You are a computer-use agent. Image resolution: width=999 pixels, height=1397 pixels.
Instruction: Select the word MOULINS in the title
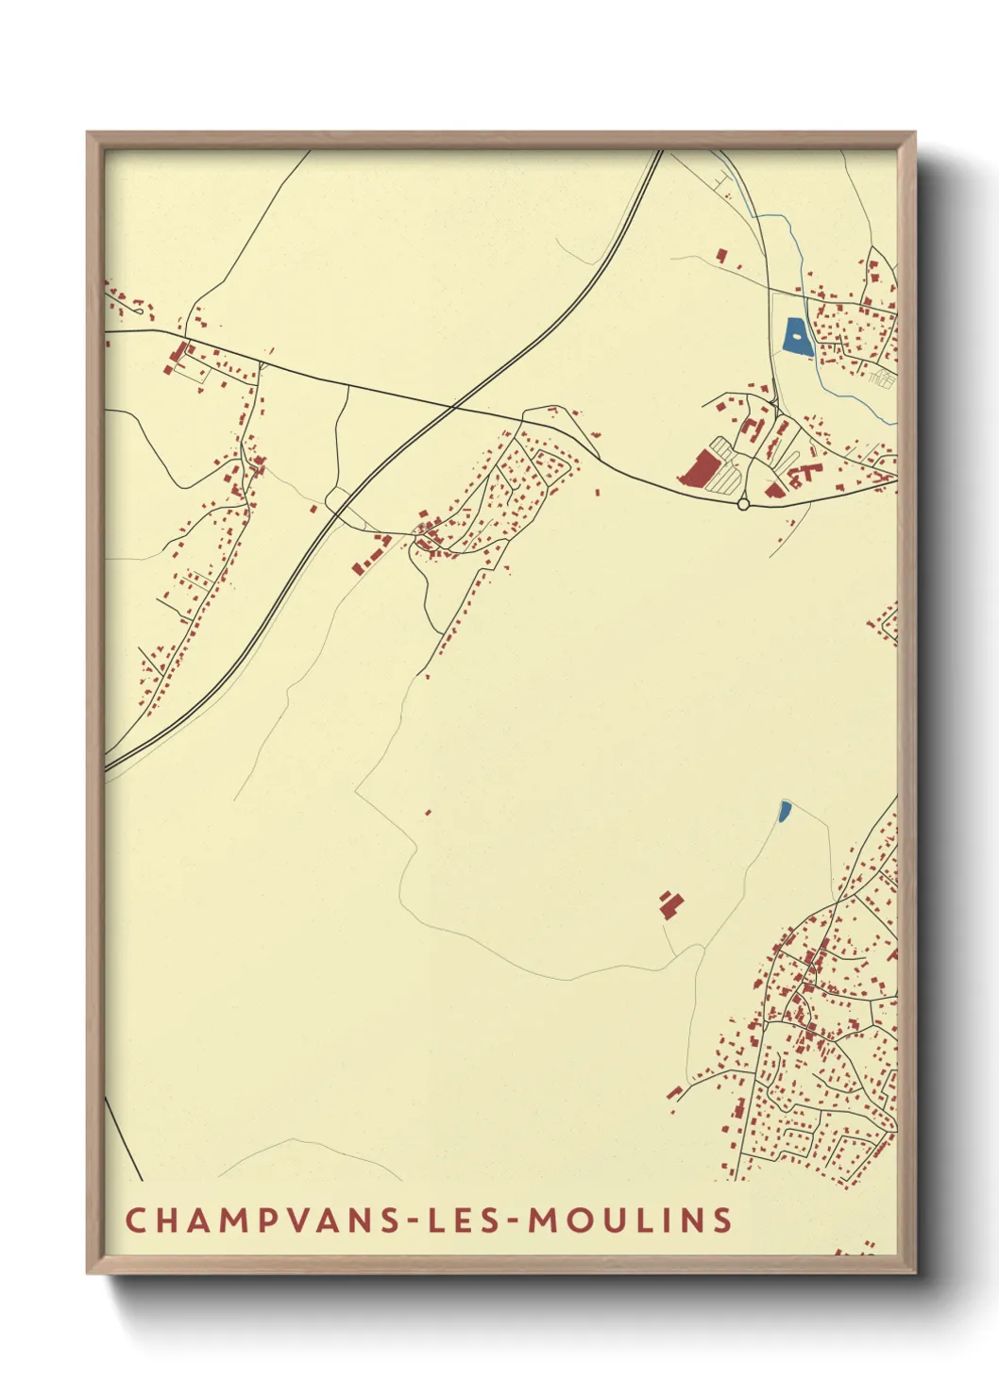pyautogui.click(x=629, y=1220)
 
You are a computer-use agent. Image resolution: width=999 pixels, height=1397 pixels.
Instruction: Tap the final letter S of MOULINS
pyautogui.click(x=723, y=1220)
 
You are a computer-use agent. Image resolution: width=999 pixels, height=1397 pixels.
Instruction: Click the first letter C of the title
pyautogui.click(x=135, y=1220)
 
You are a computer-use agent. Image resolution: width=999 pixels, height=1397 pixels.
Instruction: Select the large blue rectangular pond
pyautogui.click(x=797, y=337)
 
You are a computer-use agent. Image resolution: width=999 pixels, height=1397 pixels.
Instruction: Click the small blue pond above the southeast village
pyautogui.click(x=784, y=811)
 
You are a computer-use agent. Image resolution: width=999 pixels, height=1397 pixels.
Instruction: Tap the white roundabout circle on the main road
pyautogui.click(x=743, y=505)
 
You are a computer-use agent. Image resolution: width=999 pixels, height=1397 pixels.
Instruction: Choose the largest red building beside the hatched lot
pyautogui.click(x=700, y=469)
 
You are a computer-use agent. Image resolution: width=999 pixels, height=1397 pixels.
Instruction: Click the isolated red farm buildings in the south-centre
pyautogui.click(x=670, y=903)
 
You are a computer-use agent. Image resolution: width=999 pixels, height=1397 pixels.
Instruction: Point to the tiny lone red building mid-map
pyautogui.click(x=428, y=812)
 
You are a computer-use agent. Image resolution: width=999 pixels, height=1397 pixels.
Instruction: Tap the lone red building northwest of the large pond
pyautogui.click(x=722, y=255)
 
